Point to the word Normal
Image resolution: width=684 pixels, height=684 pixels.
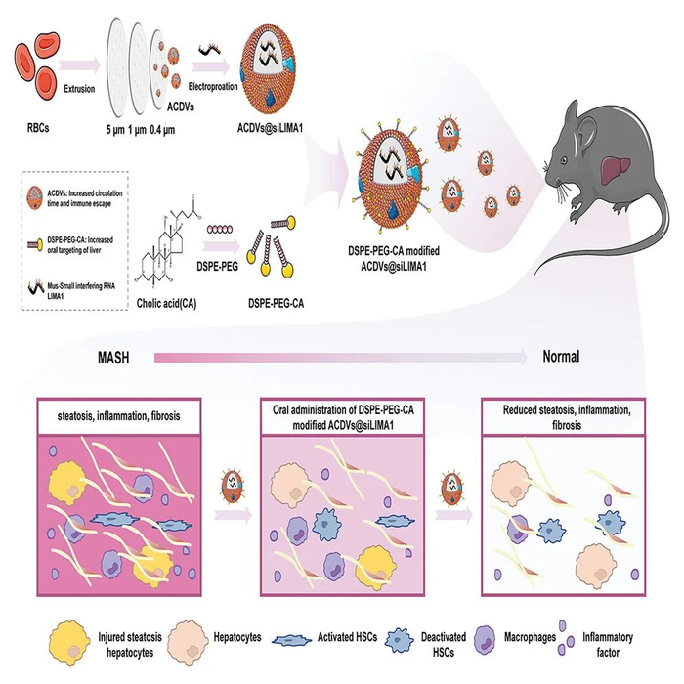click(x=561, y=357)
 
